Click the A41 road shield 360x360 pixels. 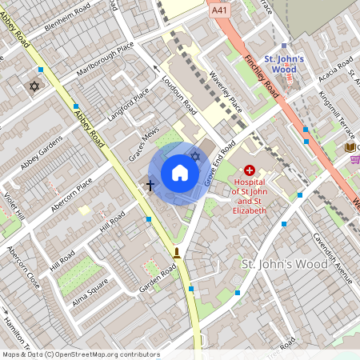click(x=219, y=11)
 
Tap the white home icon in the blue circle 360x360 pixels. click(x=179, y=173)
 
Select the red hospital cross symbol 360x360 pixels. click(x=250, y=170)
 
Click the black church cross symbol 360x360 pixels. click(x=150, y=185)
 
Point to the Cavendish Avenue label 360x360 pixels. click(x=332, y=258)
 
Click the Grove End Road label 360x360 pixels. click(x=216, y=163)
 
